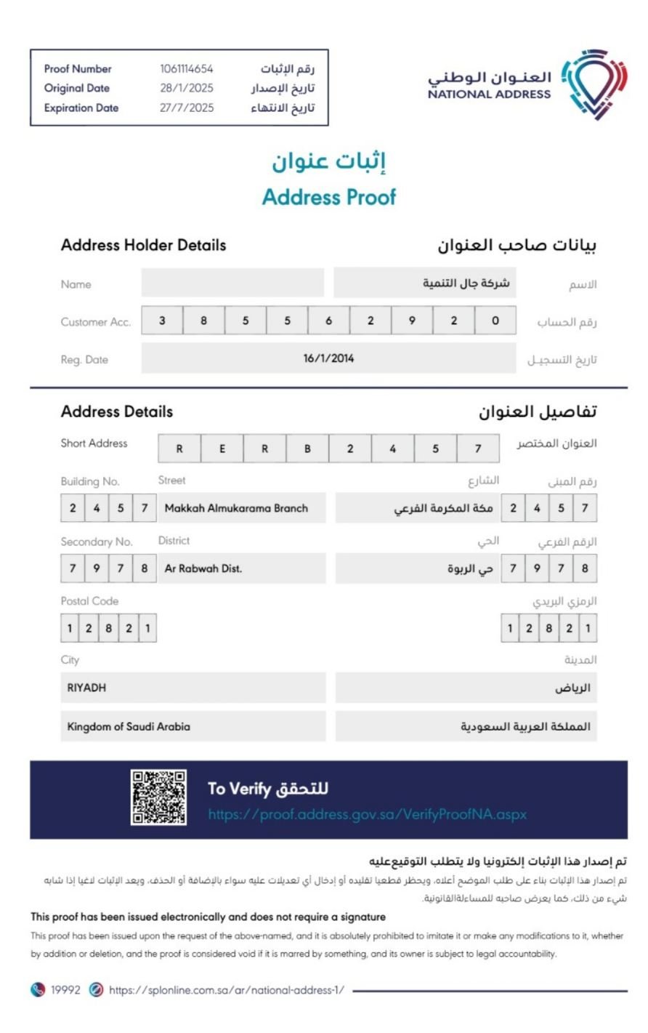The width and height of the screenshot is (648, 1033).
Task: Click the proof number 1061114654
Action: (187, 69)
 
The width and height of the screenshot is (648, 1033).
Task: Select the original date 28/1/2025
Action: (187, 88)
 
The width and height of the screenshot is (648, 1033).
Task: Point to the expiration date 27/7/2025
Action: (187, 108)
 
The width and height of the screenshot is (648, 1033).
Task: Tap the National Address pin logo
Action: (594, 84)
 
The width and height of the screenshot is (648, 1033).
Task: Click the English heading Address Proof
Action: (329, 197)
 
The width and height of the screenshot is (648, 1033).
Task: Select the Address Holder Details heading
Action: (143, 245)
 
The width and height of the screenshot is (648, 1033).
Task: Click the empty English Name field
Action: (232, 283)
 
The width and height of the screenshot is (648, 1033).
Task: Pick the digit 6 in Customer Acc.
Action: (329, 321)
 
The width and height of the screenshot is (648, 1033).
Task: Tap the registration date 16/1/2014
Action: (328, 358)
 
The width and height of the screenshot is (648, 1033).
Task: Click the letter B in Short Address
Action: (307, 449)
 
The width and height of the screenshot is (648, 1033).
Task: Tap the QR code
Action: (158, 797)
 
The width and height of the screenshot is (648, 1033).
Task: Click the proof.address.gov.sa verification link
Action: (367, 814)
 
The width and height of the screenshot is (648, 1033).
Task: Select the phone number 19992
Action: (65, 990)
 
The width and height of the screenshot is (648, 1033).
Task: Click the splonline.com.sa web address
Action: (227, 990)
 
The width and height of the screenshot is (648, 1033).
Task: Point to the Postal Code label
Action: (89, 601)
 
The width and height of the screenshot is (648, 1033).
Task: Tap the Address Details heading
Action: (117, 411)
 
